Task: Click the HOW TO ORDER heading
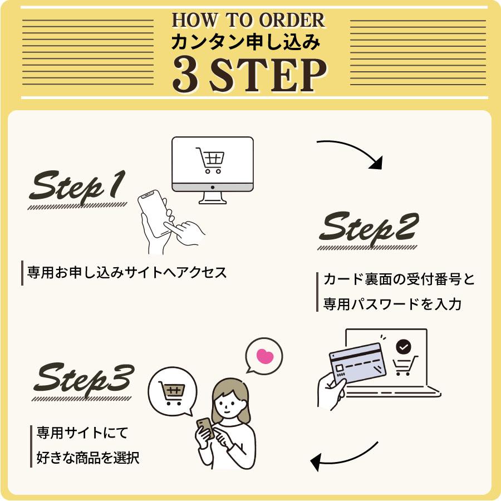click(x=248, y=20)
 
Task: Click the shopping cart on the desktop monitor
click(x=210, y=160)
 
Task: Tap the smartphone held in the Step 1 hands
click(x=154, y=213)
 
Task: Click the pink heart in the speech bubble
click(x=265, y=356)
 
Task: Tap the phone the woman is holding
click(x=205, y=428)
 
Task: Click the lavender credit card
click(x=357, y=364)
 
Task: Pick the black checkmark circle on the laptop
click(x=403, y=346)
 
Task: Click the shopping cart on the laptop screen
click(x=405, y=366)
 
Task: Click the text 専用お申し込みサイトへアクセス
click(x=126, y=273)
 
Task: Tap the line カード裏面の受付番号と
click(x=399, y=279)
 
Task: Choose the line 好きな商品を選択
click(x=88, y=458)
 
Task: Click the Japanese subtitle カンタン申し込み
click(x=245, y=42)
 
